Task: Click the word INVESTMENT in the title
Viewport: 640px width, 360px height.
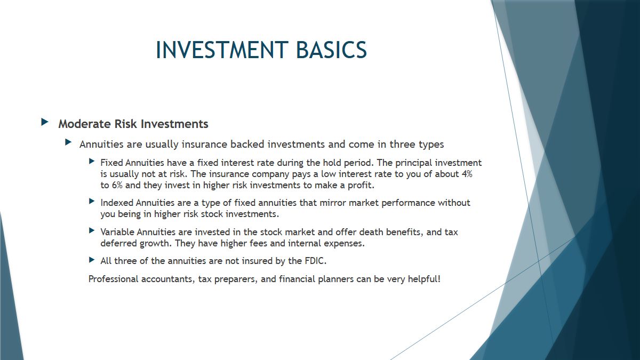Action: tap(222, 50)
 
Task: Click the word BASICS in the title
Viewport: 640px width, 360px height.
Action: tap(331, 50)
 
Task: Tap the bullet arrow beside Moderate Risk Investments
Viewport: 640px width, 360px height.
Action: tap(45, 122)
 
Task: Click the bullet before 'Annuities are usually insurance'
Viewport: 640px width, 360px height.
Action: tap(68, 142)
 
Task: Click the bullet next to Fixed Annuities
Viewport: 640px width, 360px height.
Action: tap(92, 161)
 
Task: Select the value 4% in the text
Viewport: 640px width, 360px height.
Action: tap(467, 174)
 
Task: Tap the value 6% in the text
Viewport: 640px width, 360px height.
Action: tap(117, 185)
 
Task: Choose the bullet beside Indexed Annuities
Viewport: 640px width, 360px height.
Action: tap(92, 201)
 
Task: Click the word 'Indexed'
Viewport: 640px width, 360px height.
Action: tap(117, 203)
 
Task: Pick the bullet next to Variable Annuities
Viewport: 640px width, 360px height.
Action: tap(92, 230)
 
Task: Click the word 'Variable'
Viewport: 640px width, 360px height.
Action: tap(117, 232)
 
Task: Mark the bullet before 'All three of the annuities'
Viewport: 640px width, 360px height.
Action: tap(92, 260)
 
